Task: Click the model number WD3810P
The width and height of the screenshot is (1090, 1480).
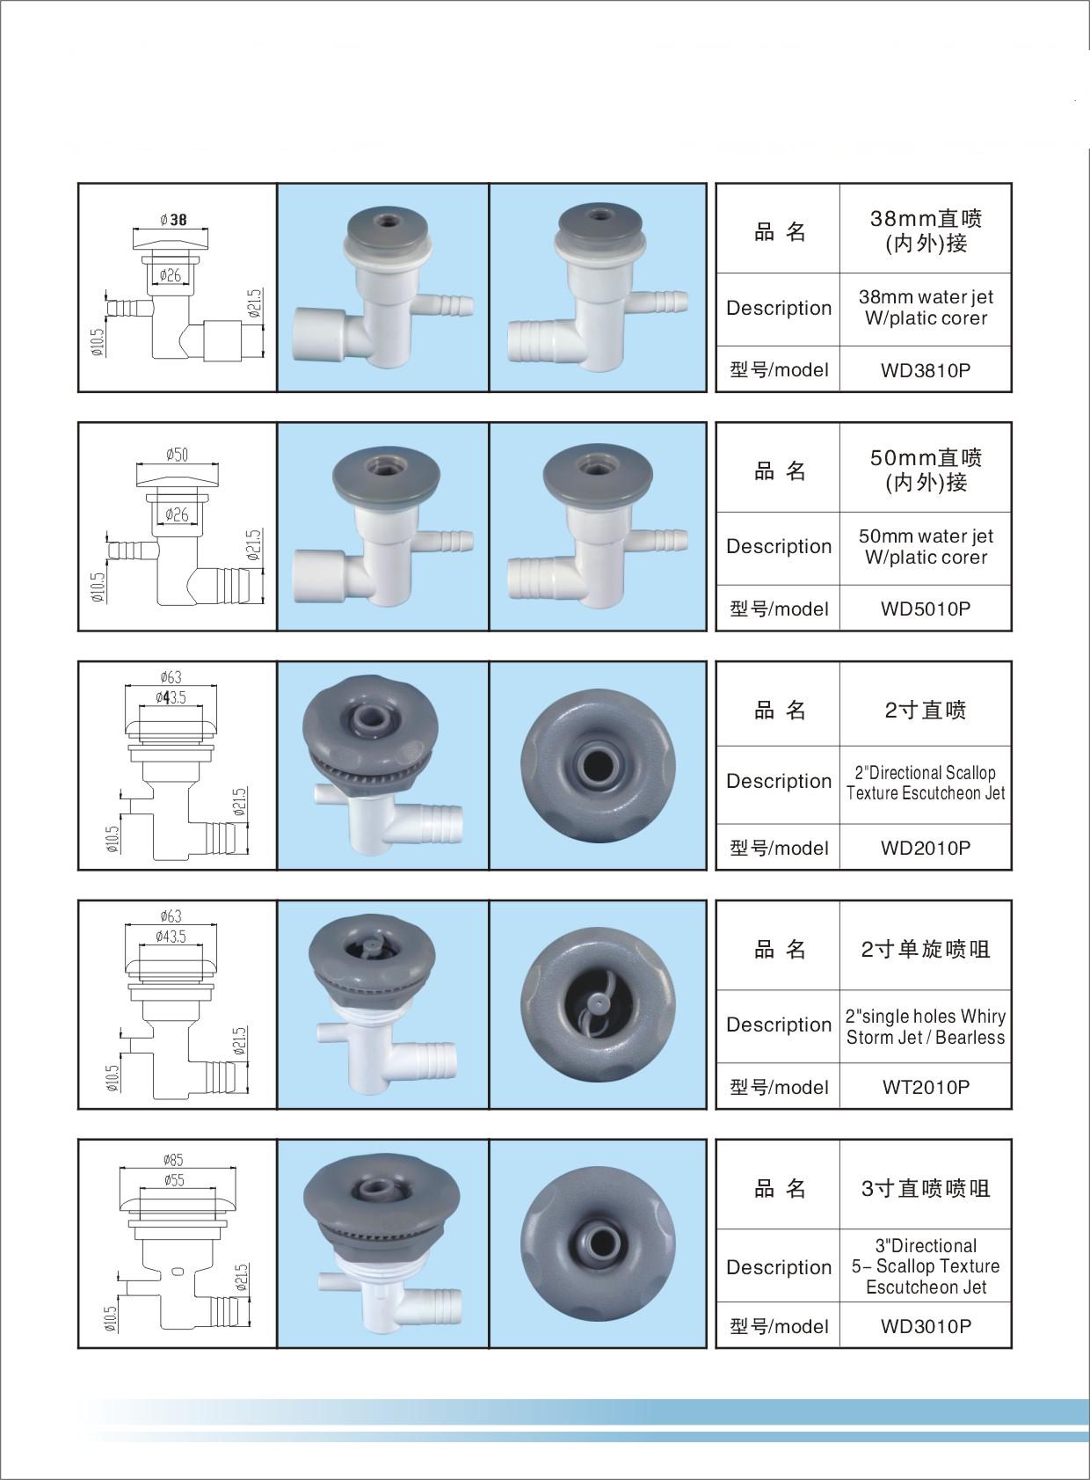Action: coord(926,370)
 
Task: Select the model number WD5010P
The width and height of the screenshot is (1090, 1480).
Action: coord(926,609)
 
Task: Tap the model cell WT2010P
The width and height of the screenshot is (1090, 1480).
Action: coord(926,1087)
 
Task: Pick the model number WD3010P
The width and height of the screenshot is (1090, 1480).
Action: coord(926,1326)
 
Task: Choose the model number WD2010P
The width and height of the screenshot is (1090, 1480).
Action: coord(926,848)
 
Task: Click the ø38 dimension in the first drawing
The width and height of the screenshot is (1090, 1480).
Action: coord(173,220)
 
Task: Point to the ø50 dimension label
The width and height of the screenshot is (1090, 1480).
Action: coord(177,455)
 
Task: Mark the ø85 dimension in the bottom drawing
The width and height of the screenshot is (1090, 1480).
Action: coord(174,1159)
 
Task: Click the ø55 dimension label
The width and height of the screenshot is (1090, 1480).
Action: coord(174,1180)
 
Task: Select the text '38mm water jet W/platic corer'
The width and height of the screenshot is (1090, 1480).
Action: coord(926,308)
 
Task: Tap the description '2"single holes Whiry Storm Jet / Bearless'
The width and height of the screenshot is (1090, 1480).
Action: coord(926,1026)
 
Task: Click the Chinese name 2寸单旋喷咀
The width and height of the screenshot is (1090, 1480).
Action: coord(926,950)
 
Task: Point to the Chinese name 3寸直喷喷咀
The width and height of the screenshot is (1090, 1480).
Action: coord(926,1189)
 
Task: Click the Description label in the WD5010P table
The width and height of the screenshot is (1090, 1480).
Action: coord(778,546)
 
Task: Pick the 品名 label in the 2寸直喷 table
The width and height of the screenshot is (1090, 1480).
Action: coord(779,711)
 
